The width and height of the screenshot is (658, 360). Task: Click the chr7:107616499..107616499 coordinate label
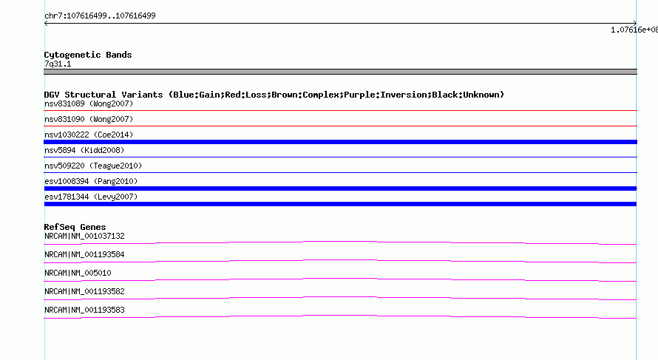click(100, 16)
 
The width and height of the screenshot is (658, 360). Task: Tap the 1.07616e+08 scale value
click(634, 30)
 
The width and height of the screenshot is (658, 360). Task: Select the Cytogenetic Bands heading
click(88, 55)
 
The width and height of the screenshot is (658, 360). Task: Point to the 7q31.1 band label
click(58, 64)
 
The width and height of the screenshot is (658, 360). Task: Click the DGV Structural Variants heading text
click(274, 95)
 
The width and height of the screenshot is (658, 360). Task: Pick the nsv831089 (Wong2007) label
click(89, 103)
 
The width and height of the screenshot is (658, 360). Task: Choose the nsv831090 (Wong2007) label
click(89, 119)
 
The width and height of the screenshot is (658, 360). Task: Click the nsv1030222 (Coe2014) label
click(89, 135)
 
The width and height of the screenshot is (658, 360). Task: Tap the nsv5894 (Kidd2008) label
click(84, 150)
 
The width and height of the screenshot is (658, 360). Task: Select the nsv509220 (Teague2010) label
click(93, 166)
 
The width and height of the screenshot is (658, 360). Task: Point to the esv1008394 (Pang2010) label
click(91, 181)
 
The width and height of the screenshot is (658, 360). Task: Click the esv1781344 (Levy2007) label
click(91, 197)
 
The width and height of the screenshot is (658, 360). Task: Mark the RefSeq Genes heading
click(75, 227)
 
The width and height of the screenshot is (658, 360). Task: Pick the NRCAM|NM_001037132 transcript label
click(84, 237)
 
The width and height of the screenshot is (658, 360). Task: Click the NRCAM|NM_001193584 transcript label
click(84, 255)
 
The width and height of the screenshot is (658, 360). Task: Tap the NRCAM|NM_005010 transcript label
click(78, 274)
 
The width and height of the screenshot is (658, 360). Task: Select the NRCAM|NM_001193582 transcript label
click(84, 291)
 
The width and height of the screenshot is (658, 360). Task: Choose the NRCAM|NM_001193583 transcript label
click(84, 310)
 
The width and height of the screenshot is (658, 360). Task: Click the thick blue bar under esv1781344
click(340, 204)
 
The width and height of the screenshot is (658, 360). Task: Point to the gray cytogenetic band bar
click(340, 72)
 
